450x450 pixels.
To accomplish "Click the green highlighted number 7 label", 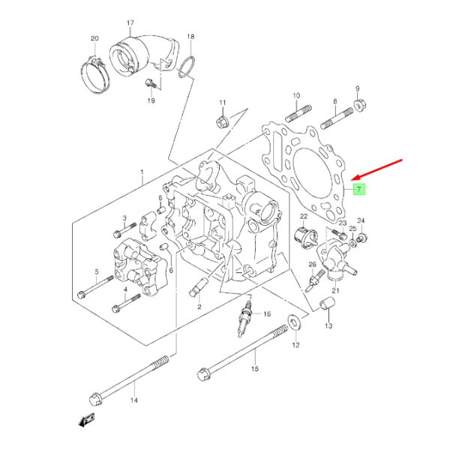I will pyautogui.click(x=359, y=189).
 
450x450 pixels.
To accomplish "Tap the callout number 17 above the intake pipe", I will pyautogui.click(x=130, y=23).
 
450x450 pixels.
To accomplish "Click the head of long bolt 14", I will pyautogui.click(x=95, y=397).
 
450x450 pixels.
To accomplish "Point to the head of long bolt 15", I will pyautogui.click(x=203, y=373).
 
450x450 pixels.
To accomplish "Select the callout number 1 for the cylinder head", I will pyautogui.click(x=142, y=173).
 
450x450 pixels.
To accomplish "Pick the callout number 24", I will pyautogui.click(x=361, y=220).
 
